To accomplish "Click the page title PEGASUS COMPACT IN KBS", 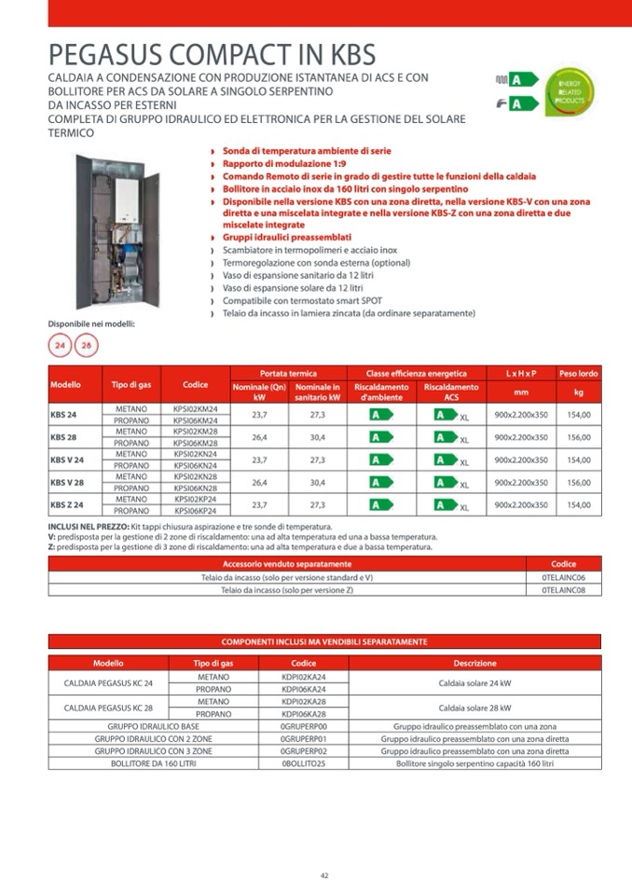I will click(212, 53).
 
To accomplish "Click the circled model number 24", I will click(61, 346).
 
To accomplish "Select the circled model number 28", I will click(86, 346).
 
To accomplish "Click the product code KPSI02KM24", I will click(195, 408).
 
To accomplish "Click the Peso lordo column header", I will click(579, 373).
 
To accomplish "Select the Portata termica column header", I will click(288, 373).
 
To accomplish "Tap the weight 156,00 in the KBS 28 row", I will click(579, 437).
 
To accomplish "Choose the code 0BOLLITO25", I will click(303, 763).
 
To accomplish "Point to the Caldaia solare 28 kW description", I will click(474, 707).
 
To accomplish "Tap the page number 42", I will click(324, 874).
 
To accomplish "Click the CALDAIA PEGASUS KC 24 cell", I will click(108, 682).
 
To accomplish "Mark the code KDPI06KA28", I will click(303, 713).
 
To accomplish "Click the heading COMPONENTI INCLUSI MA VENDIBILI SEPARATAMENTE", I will click(324, 641).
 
